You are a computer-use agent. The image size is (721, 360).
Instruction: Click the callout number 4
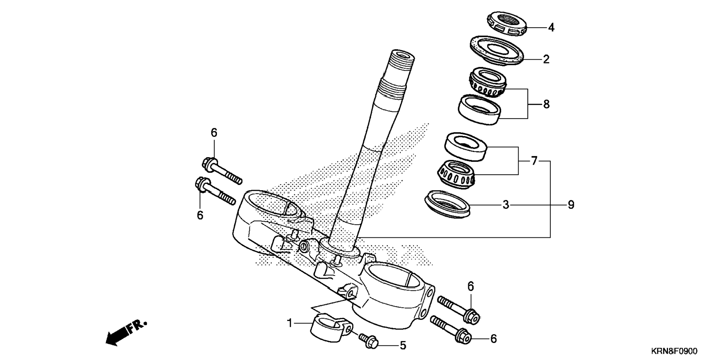(551, 28)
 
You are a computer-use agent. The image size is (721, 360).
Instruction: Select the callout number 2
(546, 59)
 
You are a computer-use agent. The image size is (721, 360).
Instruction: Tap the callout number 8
(546, 104)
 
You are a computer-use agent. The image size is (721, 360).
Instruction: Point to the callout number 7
(534, 161)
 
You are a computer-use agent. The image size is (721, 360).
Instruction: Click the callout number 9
(571, 205)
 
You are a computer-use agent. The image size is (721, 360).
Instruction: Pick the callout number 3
(506, 205)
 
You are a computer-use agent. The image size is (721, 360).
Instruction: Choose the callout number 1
(290, 323)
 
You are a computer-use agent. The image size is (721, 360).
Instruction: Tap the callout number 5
(403, 345)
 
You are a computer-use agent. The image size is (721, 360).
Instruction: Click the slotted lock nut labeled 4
(507, 24)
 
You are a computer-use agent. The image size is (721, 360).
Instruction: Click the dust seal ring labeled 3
(448, 204)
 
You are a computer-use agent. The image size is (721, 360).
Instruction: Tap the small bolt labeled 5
(369, 341)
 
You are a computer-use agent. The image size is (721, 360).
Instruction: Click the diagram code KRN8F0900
(674, 351)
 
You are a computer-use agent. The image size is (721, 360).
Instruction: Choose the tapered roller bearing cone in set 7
(456, 174)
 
